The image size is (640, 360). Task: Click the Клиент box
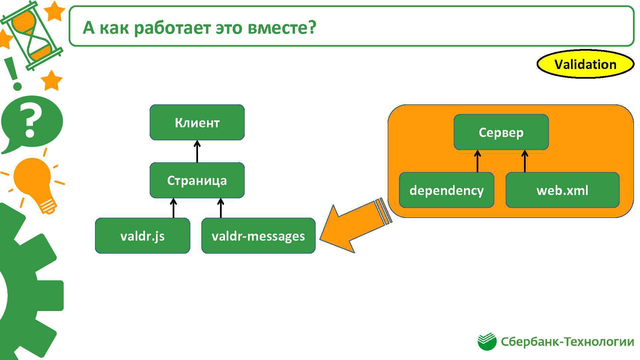(197, 122)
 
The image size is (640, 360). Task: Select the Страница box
(197, 180)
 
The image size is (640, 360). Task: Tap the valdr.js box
(142, 236)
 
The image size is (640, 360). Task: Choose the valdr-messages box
(258, 236)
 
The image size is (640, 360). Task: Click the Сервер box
(501, 132)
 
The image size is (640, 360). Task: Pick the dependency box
(446, 190)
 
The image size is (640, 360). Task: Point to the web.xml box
(562, 190)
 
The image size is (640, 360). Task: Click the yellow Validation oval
(585, 64)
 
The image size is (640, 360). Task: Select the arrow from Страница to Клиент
(197, 151)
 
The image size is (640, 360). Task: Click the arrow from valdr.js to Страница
(173, 208)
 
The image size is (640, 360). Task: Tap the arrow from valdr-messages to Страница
(220, 208)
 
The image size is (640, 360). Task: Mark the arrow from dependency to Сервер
(477, 161)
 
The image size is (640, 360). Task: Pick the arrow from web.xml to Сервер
(525, 161)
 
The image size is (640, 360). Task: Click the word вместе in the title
(281, 27)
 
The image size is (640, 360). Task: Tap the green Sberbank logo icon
(487, 342)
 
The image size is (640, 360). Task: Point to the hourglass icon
(32, 35)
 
